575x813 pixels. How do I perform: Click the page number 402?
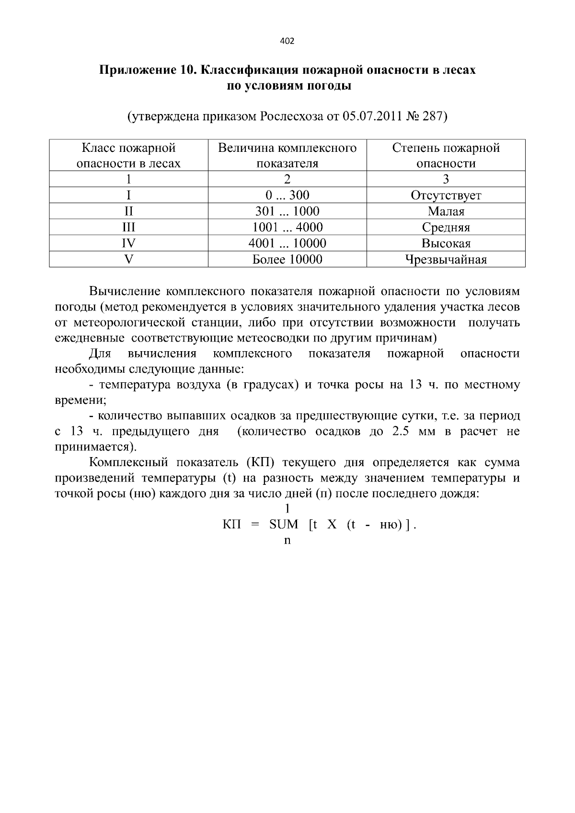287,41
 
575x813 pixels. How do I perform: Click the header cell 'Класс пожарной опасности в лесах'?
128,155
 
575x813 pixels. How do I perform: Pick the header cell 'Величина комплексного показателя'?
287,155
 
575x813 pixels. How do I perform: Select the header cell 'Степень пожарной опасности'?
446,155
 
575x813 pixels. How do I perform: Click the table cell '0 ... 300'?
287,195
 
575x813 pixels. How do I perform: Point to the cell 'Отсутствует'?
446,195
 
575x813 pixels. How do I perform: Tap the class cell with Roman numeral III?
128,227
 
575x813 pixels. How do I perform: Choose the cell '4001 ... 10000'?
287,243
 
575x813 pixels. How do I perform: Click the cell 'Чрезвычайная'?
446,260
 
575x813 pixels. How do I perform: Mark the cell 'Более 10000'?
287,260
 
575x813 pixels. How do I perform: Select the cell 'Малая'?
446,211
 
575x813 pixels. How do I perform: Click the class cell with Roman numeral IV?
128,243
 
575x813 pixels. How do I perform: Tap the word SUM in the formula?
284,524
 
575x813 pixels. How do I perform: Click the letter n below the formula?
287,540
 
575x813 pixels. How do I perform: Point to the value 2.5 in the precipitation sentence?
400,431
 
